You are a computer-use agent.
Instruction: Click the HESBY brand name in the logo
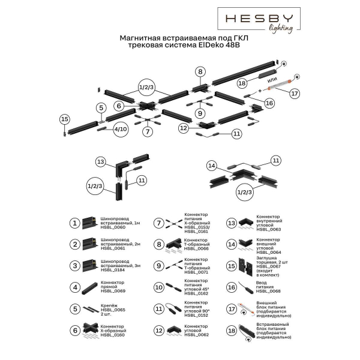pos(259,18)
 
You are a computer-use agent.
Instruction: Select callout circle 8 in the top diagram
pos(200,71)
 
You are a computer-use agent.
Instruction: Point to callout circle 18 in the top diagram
pos(242,83)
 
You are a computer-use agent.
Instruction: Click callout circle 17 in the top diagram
pos(294,94)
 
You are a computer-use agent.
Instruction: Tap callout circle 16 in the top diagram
pos(269,103)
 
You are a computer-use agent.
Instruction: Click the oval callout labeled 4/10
pos(120,128)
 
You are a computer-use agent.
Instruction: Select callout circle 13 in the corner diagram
pos(101,162)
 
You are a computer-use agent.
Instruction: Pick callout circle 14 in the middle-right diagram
pos(211,165)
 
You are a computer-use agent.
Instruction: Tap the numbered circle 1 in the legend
pos(74,224)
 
